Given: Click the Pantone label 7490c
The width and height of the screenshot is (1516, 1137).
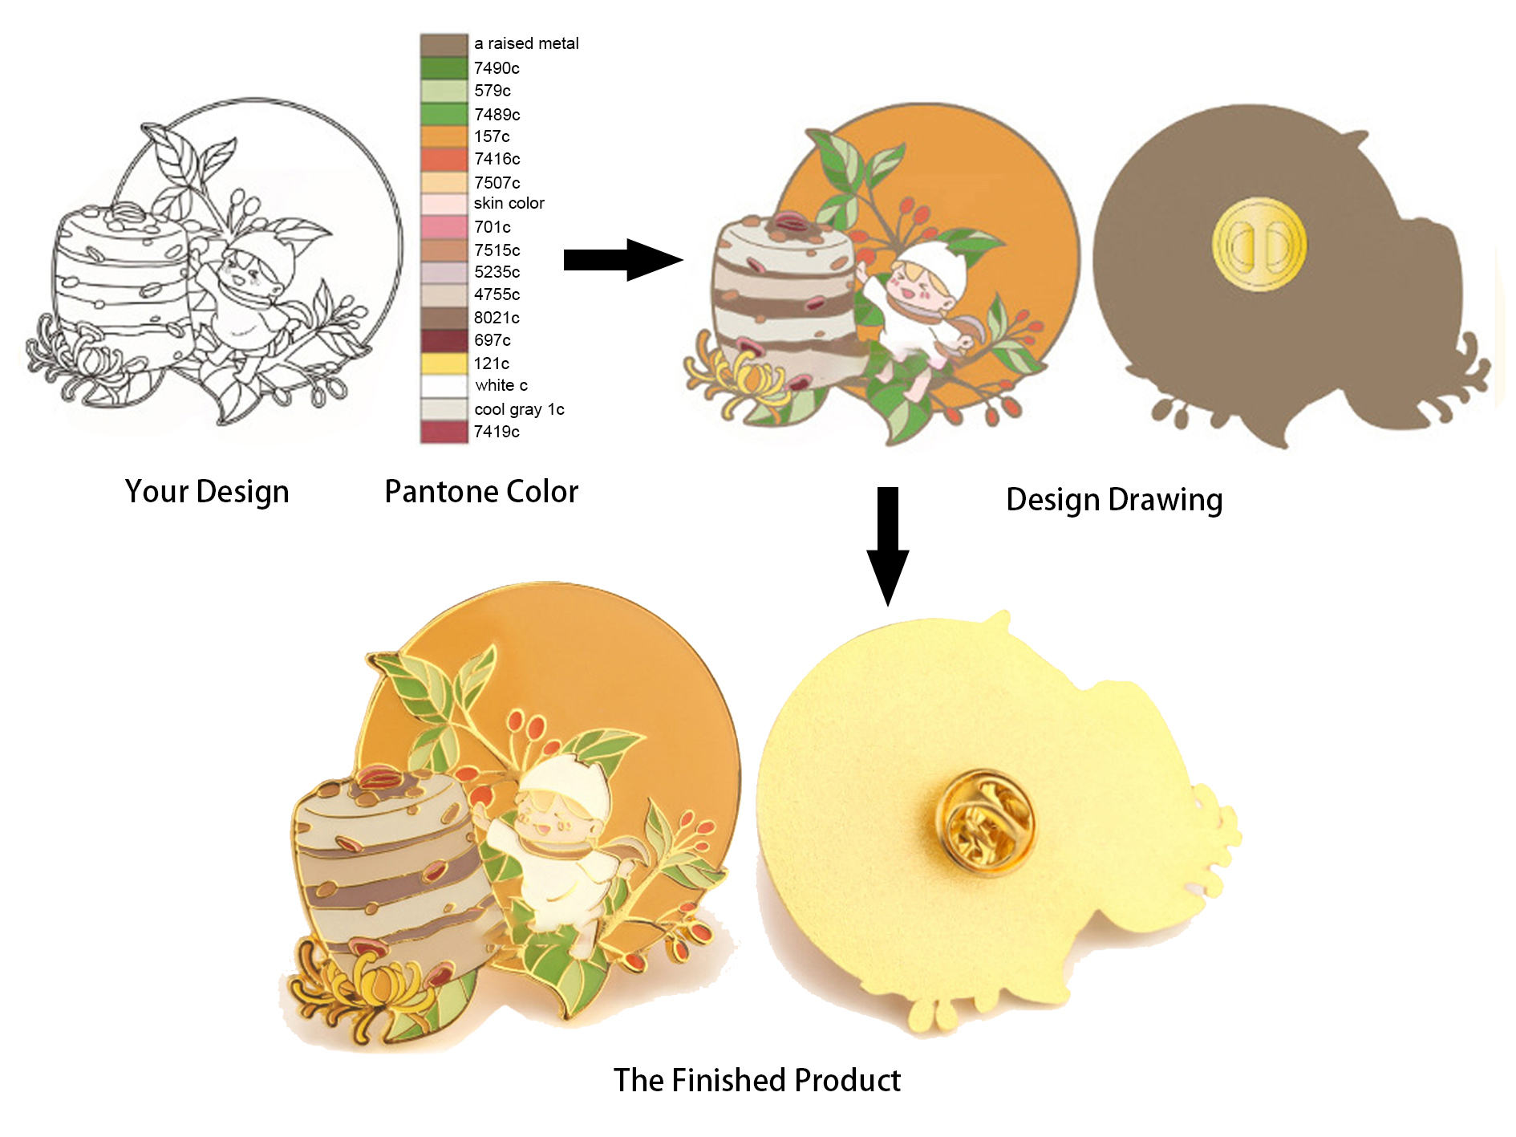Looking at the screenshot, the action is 497,68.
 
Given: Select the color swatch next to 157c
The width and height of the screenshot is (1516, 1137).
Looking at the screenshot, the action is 444,136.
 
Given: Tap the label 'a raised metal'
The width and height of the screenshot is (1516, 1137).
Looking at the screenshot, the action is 526,43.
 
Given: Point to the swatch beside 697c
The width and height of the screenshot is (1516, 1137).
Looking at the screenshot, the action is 444,340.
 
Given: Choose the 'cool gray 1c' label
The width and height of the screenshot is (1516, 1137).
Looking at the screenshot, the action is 519,409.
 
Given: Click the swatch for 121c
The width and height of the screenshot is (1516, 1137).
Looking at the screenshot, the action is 444,363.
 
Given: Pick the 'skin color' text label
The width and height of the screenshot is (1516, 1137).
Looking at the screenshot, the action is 509,203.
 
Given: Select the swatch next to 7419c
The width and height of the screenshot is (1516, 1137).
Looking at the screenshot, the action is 444,432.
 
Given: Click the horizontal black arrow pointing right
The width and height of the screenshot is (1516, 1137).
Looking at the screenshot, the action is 622,259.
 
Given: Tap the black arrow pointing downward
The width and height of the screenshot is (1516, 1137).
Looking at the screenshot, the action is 887,546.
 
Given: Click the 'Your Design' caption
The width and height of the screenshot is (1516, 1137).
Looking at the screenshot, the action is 207,491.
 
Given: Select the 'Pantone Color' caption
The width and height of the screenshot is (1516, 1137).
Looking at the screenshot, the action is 481,491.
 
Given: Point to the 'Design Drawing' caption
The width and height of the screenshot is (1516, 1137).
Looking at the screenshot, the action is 1114,499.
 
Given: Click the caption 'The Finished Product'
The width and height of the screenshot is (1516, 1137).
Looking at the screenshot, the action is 757,1080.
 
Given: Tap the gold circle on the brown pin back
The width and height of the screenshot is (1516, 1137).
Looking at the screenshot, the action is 1259,245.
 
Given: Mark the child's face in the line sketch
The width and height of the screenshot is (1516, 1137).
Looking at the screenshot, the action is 245,273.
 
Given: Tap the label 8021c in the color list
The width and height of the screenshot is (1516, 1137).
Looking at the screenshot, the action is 497,318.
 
